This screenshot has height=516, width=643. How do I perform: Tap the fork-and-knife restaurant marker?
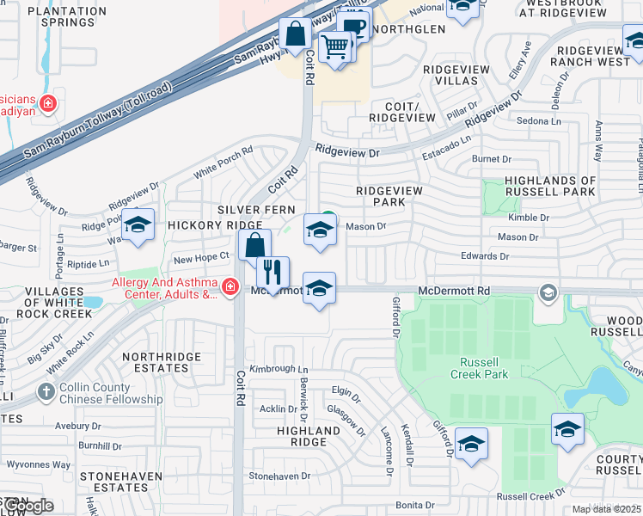pos(273,273)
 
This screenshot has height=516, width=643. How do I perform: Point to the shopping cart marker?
pos(334,46)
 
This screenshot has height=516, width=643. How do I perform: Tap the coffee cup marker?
pos(352,27)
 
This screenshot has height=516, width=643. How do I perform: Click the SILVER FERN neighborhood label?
pos(256,210)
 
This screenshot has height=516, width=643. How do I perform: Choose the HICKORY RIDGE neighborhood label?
pos(202,224)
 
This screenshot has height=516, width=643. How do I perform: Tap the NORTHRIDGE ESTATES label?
pos(162,362)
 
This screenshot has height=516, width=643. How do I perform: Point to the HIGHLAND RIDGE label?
pos(309,436)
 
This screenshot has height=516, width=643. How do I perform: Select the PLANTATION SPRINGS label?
pos(62,17)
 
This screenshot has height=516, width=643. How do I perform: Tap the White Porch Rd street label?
pos(223,162)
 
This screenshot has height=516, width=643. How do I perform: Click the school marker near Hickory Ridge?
pos(138,224)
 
